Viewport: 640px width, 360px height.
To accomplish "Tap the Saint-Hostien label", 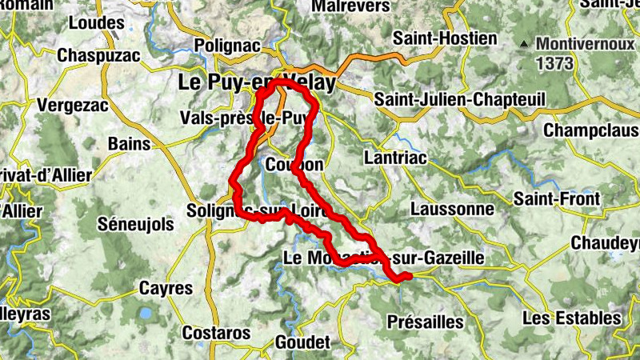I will click(445, 38).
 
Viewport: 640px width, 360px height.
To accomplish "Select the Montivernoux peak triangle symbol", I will click(523, 43).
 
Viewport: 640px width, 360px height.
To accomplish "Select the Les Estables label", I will click(570, 318).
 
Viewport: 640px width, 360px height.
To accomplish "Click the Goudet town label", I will click(302, 342).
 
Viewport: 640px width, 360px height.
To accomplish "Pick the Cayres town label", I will click(166, 287).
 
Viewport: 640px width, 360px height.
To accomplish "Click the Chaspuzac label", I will click(98, 56).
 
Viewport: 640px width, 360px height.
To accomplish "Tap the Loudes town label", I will click(97, 23).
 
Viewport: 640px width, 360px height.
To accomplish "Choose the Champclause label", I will click(591, 130).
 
